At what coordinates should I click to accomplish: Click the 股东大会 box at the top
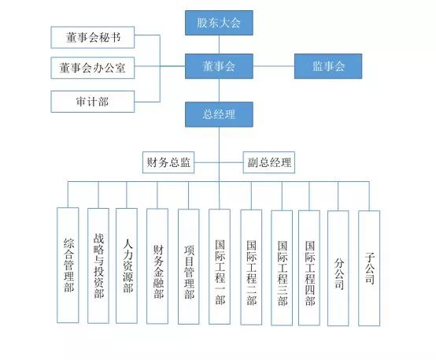(x=219, y=22)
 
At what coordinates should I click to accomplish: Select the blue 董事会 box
(x=219, y=67)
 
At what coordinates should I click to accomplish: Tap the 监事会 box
(x=329, y=67)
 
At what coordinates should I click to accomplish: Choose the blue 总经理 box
(x=219, y=114)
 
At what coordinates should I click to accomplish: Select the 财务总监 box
(x=168, y=163)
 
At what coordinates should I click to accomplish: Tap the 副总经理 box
(x=268, y=163)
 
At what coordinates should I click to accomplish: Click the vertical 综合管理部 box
(x=68, y=265)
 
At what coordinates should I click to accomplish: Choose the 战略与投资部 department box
(x=98, y=265)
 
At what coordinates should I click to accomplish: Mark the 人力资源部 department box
(x=127, y=265)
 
